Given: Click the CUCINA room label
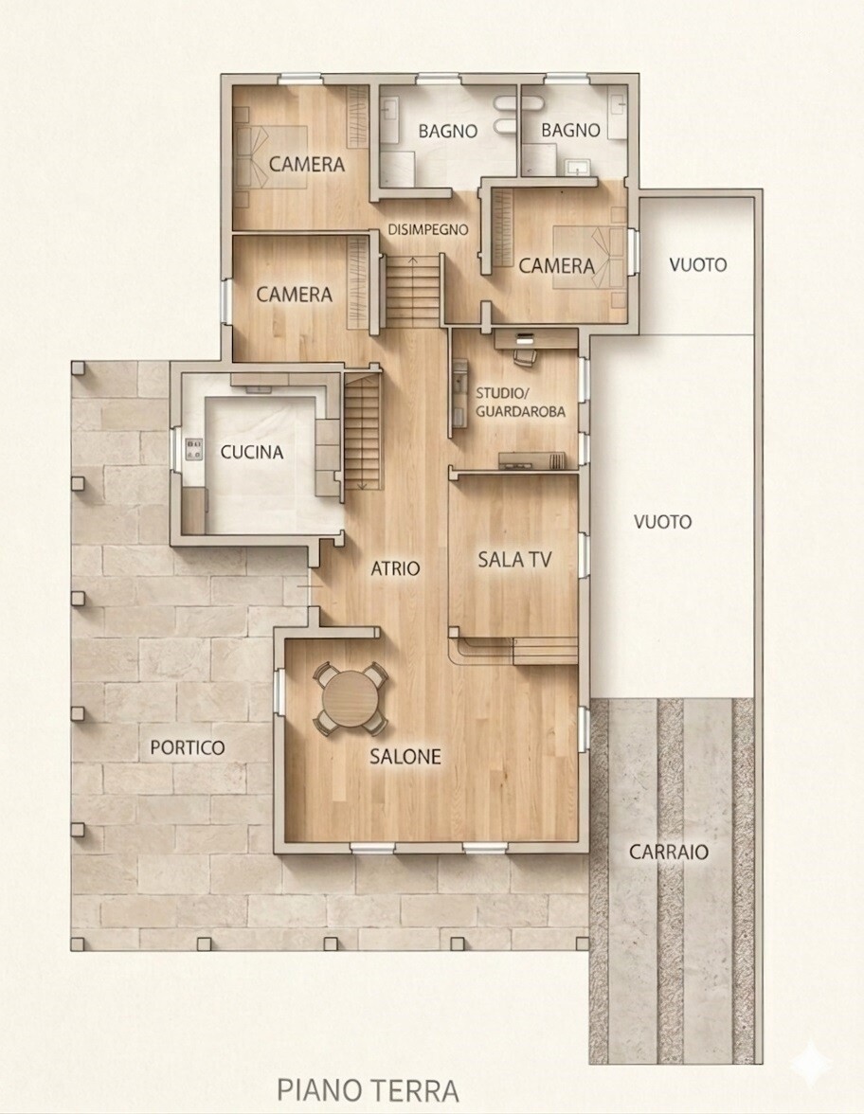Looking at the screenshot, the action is coord(252,452).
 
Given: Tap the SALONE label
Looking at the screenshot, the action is coord(405,757).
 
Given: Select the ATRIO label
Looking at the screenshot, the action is coord(395,568).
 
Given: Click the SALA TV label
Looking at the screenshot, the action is coord(514,560).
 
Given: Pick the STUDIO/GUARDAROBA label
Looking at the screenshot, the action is coord(520,402).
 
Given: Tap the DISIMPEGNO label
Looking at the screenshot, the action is coord(428,229).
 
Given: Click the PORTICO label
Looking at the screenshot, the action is coord(188,747).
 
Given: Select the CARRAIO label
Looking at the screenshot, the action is coord(669,852).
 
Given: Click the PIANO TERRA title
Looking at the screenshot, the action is coord(368,1089).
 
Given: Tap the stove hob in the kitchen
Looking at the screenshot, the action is coord(193,449).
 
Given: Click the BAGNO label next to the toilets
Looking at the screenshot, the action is coord(447,131).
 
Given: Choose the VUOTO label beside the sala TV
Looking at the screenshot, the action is coord(662,522).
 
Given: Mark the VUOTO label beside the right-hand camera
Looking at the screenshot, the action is coord(697,265).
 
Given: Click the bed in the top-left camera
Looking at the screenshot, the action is coord(271,157).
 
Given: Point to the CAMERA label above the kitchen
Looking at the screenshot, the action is coord(294,294).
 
